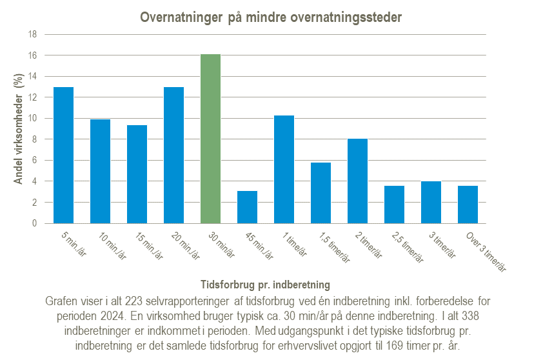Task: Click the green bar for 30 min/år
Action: point(210,139)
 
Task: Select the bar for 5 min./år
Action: point(63,155)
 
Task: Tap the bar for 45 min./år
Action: point(247,207)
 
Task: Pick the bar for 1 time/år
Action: point(284,169)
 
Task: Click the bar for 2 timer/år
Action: point(357,181)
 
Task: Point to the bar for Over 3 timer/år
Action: point(468,205)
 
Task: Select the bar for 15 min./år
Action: point(137,174)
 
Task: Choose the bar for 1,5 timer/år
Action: point(321,193)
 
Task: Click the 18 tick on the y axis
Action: point(31,34)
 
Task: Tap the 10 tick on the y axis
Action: point(31,119)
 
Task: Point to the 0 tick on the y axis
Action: point(34,223)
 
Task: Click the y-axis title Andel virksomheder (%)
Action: point(19,129)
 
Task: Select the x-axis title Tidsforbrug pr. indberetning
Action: point(266,284)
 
